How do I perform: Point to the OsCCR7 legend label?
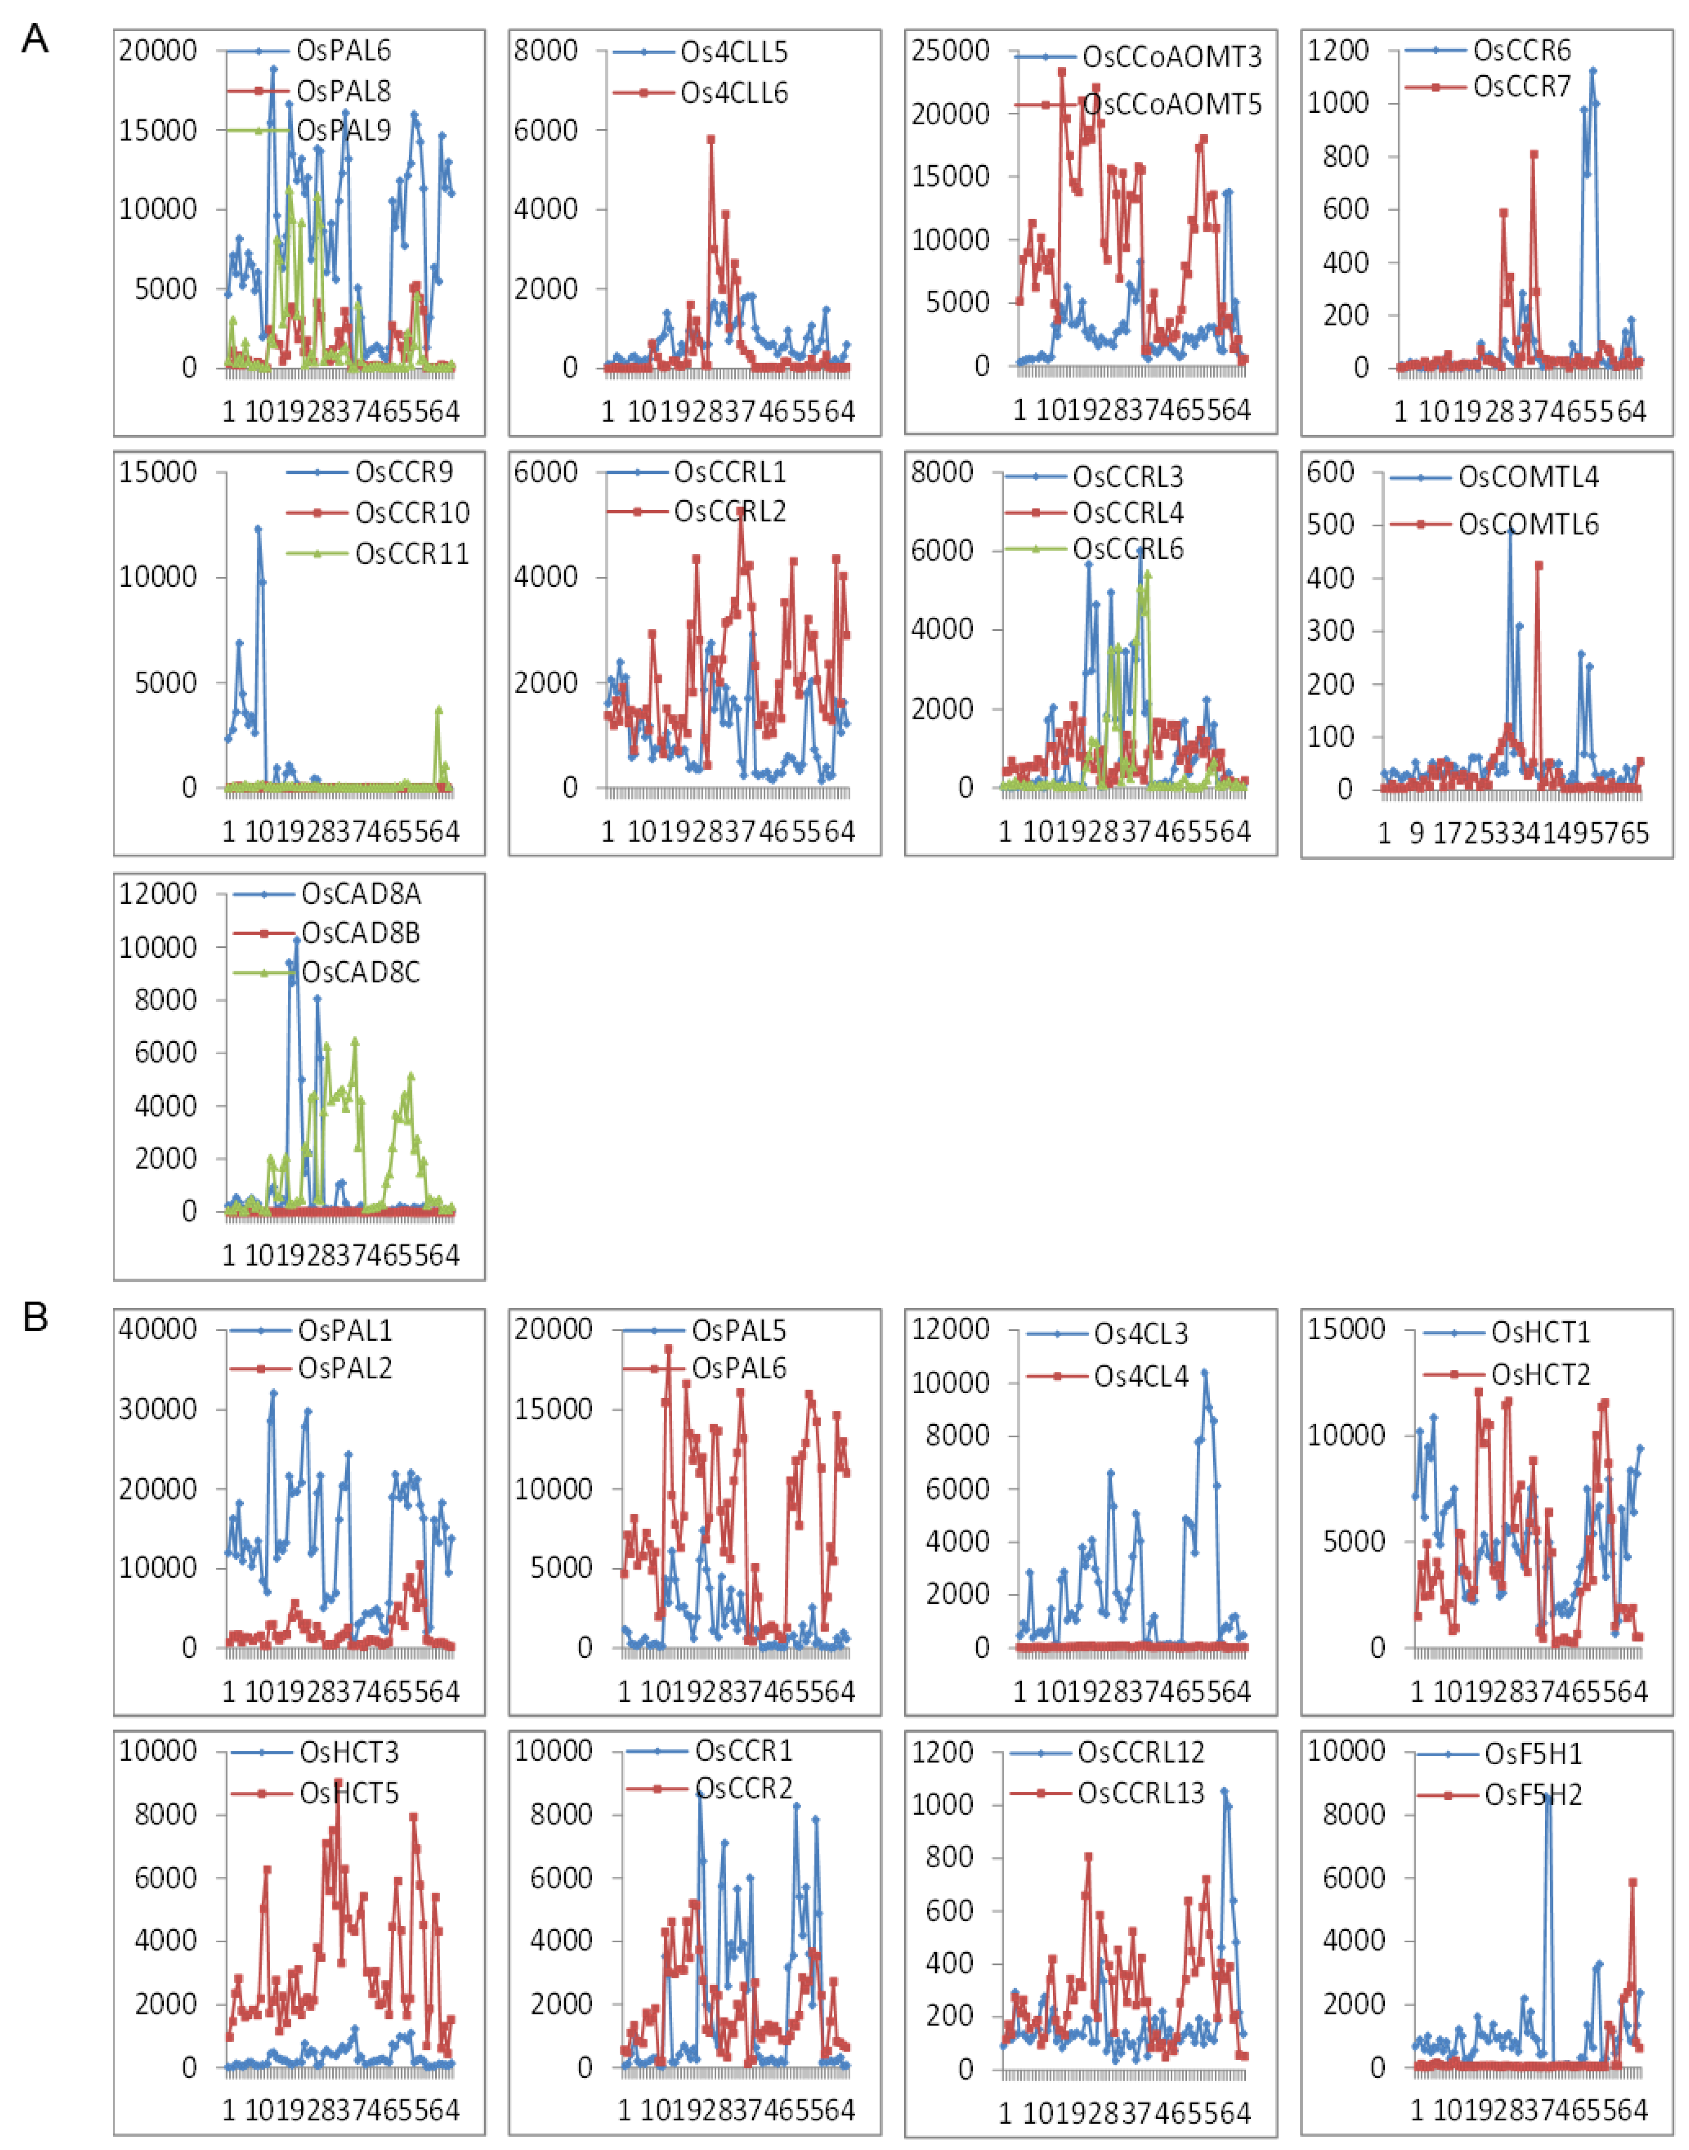pos(1521,87)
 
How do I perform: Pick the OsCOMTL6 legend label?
pos(1528,524)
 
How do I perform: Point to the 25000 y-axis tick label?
pos(949,50)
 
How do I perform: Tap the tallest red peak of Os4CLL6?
pos(710,140)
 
